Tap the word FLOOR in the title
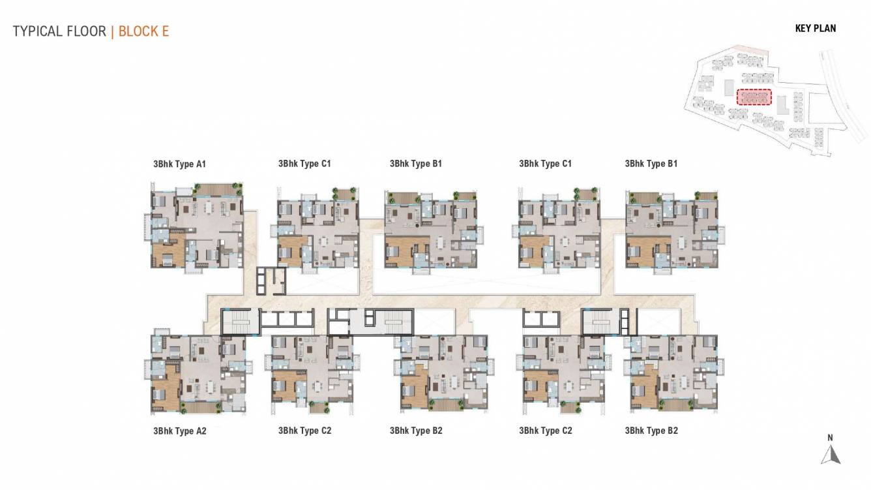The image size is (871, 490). [85, 31]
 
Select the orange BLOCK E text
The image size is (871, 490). [143, 31]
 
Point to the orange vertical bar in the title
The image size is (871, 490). [112, 31]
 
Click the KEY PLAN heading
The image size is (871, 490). [815, 28]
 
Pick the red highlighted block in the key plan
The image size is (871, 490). [754, 97]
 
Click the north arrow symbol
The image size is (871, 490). [830, 454]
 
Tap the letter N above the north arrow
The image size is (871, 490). [830, 438]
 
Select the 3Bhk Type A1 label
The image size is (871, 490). [179, 164]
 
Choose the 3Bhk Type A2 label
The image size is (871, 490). [179, 431]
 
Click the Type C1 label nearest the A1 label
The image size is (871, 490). [304, 164]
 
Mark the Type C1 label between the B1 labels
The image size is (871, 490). [545, 164]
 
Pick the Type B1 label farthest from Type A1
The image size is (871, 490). [651, 164]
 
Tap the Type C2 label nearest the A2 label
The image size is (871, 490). [304, 431]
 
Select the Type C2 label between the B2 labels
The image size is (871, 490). [545, 431]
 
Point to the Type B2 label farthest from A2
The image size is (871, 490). [651, 431]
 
